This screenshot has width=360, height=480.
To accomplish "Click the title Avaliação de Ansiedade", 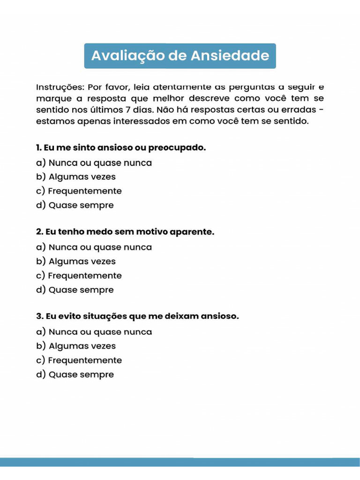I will (180, 56).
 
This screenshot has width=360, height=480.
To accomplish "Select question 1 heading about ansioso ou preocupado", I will (121, 148).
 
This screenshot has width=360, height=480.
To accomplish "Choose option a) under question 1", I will (94, 163).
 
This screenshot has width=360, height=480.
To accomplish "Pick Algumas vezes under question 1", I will (76, 177).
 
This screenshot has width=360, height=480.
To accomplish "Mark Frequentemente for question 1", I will (79, 191).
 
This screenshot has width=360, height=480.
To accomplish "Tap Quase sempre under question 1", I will (75, 205).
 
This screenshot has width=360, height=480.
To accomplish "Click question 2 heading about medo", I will (125, 232).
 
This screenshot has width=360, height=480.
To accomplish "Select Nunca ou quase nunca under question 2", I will (94, 247).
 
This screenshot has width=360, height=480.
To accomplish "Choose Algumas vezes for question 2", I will (76, 262).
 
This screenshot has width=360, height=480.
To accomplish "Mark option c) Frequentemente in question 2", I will (79, 276).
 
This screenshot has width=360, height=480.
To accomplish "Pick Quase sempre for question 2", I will (75, 290).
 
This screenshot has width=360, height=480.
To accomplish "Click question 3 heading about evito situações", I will (137, 316).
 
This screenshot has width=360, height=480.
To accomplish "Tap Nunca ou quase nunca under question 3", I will (94, 332).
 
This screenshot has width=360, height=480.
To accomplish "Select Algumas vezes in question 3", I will (76, 346).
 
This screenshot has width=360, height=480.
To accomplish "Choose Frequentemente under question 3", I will (79, 360).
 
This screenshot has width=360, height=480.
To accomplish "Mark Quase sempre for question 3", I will (75, 375).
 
